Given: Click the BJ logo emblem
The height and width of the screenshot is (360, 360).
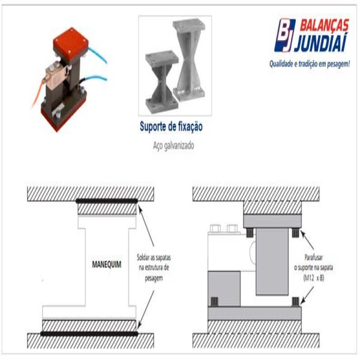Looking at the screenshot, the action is [284, 35].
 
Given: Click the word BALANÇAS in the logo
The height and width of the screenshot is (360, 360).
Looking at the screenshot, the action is [324, 25].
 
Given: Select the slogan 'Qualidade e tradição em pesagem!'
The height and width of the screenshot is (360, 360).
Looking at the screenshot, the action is [310, 64].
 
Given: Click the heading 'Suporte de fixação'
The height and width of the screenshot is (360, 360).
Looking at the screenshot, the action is [171, 127].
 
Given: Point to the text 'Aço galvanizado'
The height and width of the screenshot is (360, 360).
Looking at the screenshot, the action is [173, 146].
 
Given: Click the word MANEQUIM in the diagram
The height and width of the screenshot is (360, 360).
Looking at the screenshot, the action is [107, 265].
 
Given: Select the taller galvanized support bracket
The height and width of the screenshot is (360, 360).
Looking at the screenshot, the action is [189, 59].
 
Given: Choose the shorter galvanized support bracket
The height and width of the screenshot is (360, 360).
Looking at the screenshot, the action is [162, 82].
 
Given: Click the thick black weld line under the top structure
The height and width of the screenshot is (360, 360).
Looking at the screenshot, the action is [107, 201].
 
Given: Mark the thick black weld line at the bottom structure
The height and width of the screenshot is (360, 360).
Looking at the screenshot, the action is [89, 334].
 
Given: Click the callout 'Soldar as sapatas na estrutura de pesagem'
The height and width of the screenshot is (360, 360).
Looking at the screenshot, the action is [154, 268].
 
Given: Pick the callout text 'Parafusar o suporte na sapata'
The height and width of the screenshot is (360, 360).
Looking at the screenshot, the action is [313, 262].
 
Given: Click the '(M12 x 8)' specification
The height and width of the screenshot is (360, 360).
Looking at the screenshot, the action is [314, 278].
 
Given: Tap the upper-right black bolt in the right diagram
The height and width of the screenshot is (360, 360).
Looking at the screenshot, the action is [295, 233].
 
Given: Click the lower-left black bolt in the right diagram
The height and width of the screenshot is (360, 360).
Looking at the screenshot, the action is [214, 302].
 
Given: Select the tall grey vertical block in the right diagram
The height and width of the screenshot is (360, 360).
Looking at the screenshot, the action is [272, 262].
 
